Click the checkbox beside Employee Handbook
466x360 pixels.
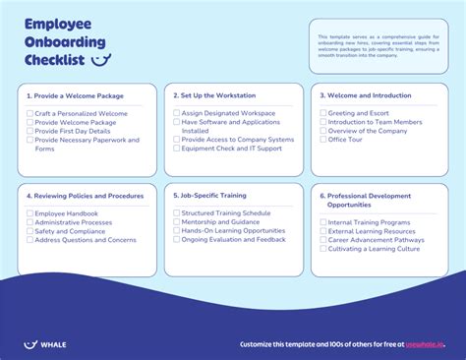[x=30, y=212]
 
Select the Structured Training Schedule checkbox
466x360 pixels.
[x=176, y=212]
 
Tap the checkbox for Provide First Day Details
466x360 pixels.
[x=30, y=131]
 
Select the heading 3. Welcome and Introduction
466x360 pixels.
[x=365, y=95]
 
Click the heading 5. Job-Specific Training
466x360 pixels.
[x=208, y=196]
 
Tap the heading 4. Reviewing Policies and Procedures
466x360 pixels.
[x=85, y=196]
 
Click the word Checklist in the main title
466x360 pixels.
[x=54, y=61]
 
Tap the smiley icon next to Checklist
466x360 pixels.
[x=99, y=61]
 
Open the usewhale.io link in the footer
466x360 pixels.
[x=425, y=344]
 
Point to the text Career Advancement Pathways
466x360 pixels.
[x=377, y=239]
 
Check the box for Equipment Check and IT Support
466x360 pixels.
[x=176, y=149]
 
